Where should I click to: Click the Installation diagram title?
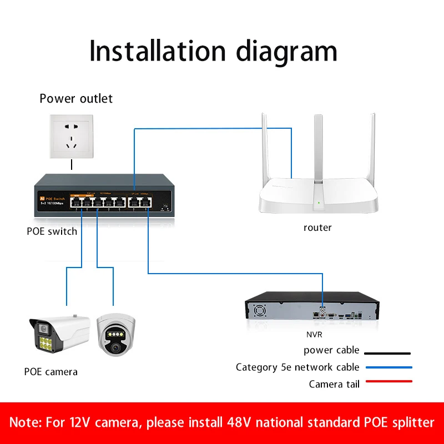coord(213,51)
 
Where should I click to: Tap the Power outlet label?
coord(76,99)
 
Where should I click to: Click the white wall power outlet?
coord(72,136)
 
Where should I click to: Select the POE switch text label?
coord(52,231)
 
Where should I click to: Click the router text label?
coord(317,228)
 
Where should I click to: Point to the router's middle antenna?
coord(317,150)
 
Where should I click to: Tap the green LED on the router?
coord(317,203)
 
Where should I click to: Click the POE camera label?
coord(51,371)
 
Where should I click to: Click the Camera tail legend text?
coord(334,384)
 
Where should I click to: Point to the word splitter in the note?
coord(410,422)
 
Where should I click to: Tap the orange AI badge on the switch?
coord(42,198)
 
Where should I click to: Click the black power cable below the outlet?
coord(72,164)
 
